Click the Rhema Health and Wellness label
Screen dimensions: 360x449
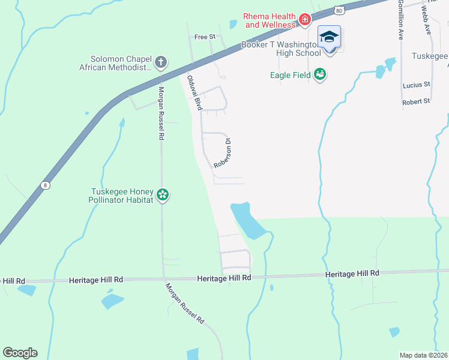(269, 20)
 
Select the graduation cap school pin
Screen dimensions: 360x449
(329, 38)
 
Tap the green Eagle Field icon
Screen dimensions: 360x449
(320, 74)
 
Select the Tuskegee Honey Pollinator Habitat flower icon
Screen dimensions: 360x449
(162, 194)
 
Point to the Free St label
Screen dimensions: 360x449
(205, 37)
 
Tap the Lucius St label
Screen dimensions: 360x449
(418, 85)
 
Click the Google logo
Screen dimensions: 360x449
(20, 353)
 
